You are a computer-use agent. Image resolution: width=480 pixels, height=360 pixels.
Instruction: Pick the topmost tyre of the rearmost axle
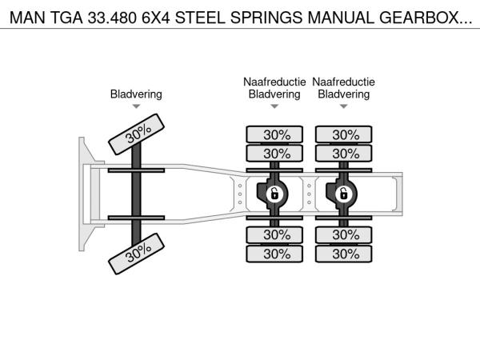(x=343, y=134)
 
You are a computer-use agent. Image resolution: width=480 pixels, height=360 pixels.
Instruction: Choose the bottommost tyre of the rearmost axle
(x=343, y=254)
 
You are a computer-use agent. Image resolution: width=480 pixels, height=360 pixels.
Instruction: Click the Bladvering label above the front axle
(x=136, y=94)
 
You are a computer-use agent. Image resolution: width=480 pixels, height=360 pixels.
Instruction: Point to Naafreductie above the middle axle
(x=274, y=82)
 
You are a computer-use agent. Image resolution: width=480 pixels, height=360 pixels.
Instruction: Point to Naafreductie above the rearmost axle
(x=343, y=82)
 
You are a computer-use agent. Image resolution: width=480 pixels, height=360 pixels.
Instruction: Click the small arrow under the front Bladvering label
(x=136, y=106)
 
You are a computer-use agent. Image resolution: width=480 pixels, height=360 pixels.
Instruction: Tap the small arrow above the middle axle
(x=274, y=106)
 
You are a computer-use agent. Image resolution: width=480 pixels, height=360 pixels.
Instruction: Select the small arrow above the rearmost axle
(x=343, y=106)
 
